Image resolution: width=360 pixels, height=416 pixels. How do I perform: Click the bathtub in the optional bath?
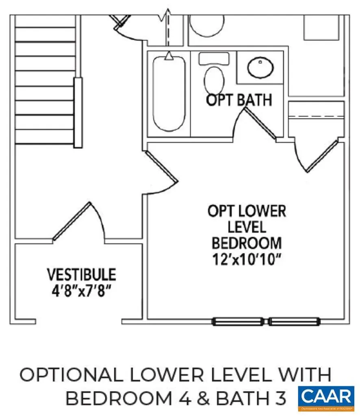coord(169,93)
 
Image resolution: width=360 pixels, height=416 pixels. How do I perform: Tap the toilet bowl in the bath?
coord(214,80)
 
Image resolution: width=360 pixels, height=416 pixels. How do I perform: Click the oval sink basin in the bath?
coord(261,68)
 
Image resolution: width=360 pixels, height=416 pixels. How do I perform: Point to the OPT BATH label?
coord(239,100)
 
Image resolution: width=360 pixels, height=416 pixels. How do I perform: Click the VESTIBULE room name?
coord(82,275)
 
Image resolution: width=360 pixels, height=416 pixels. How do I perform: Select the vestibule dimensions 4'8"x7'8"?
coord(82,291)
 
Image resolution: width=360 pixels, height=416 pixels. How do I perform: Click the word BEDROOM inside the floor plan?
coord(247,243)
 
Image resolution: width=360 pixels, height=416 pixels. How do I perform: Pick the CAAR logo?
coord(326,396)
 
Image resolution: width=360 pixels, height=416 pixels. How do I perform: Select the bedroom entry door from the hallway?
coord(160,173)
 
